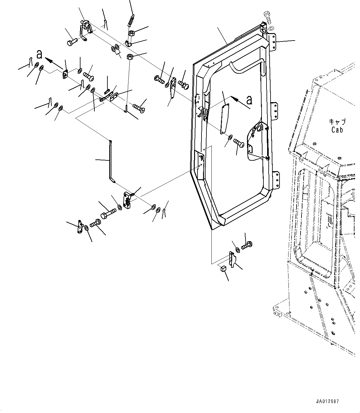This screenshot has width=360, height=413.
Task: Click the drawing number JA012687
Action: [x=328, y=402]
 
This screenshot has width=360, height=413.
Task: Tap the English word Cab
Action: [x=337, y=130]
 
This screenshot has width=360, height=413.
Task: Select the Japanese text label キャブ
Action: [x=337, y=122]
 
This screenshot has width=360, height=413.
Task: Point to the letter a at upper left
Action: [x=39, y=54]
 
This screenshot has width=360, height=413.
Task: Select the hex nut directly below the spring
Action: [x=131, y=33]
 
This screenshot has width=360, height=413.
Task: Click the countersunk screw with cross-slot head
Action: [x=139, y=108]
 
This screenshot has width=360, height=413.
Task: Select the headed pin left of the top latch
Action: [x=72, y=42]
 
